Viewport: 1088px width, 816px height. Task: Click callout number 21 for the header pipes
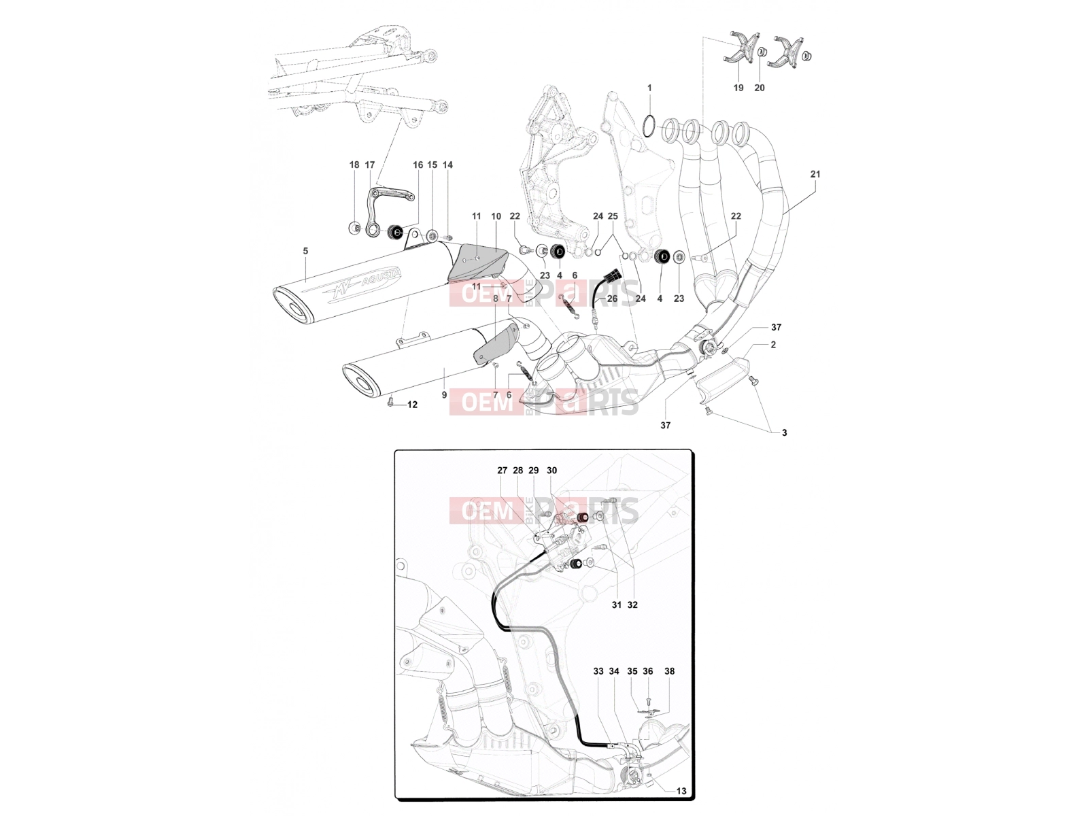click(x=815, y=174)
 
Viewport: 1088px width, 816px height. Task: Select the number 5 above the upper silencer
click(x=305, y=251)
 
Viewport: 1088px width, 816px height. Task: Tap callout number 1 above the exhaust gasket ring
click(x=649, y=88)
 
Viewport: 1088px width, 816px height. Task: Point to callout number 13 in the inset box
click(x=681, y=791)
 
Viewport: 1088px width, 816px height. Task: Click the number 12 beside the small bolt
click(x=412, y=405)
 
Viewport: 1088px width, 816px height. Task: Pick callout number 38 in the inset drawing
click(x=669, y=671)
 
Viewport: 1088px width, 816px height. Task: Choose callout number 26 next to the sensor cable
click(x=612, y=299)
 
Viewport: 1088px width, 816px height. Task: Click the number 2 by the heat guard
click(x=773, y=344)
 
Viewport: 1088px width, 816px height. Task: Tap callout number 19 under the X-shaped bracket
click(x=738, y=88)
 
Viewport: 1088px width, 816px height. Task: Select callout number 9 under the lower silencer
click(x=444, y=395)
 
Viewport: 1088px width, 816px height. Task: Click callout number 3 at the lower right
click(x=784, y=432)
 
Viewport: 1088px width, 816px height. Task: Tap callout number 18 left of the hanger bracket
click(x=354, y=165)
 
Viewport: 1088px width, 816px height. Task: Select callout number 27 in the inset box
click(x=502, y=470)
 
